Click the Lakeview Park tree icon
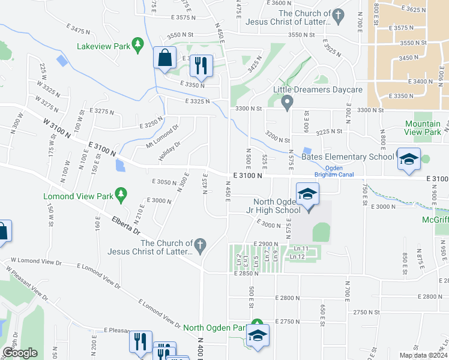(x=139, y=44)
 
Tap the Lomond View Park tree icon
(x=122, y=194)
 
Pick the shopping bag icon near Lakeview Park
(x=164, y=59)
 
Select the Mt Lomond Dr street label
(x=163, y=136)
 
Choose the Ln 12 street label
(x=298, y=257)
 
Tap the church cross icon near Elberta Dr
(x=201, y=244)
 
